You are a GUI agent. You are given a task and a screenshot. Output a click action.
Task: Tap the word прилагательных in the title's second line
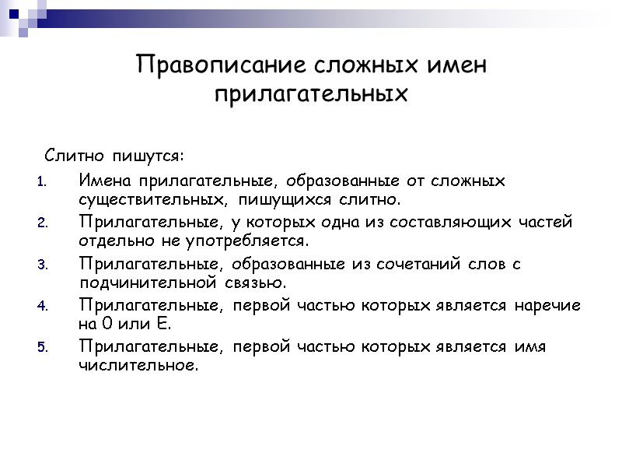[311, 95]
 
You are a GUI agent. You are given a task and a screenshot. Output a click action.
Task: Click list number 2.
[43, 223]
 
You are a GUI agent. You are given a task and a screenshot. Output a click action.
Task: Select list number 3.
[43, 265]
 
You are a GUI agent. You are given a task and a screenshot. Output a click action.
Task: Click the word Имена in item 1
[106, 181]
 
